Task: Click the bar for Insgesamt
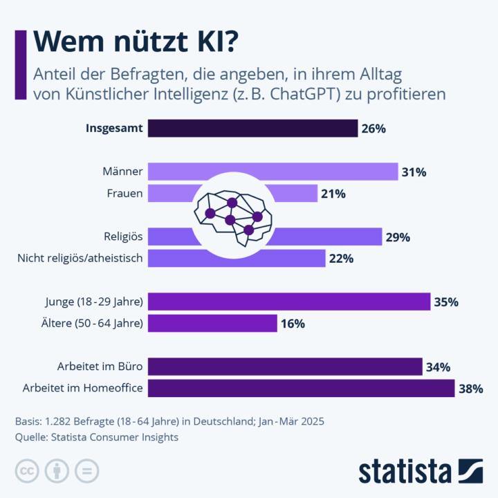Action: [253, 129]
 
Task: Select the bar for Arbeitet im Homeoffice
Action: [302, 388]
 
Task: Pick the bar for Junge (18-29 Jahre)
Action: [289, 302]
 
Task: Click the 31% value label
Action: [414, 172]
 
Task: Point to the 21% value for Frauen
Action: [333, 194]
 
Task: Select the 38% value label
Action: [470, 389]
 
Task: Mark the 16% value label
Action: [293, 324]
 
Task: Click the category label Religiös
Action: [123, 237]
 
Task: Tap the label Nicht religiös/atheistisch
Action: [80, 258]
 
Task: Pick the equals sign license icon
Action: [87, 471]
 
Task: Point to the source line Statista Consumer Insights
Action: [96, 437]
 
